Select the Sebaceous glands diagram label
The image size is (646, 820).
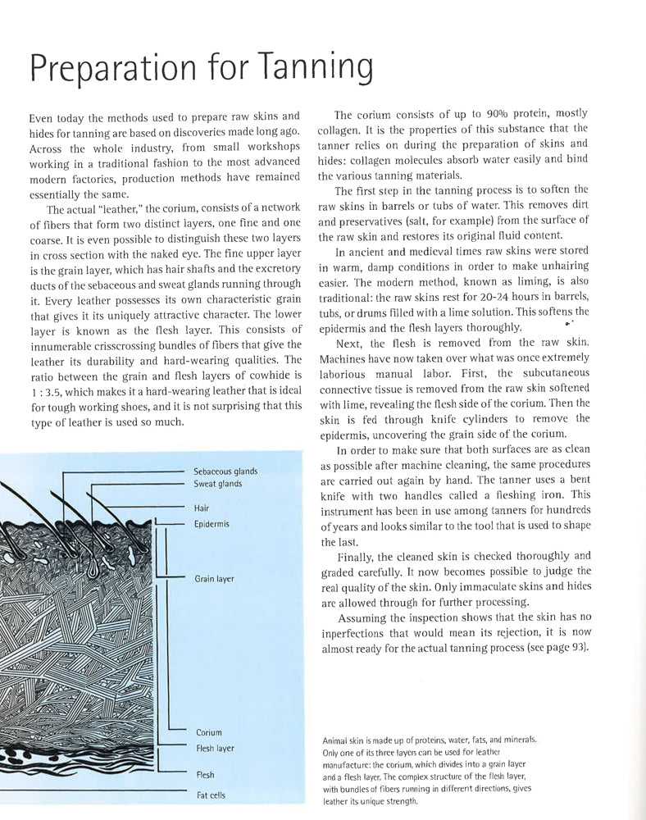tap(226, 471)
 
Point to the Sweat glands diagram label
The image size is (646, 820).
tap(219, 484)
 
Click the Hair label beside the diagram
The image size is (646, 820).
tap(202, 508)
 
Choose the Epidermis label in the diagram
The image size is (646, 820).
tap(212, 523)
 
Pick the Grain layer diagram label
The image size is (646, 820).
tap(214, 579)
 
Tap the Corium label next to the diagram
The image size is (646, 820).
tap(209, 732)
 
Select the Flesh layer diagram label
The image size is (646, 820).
tap(215, 748)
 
